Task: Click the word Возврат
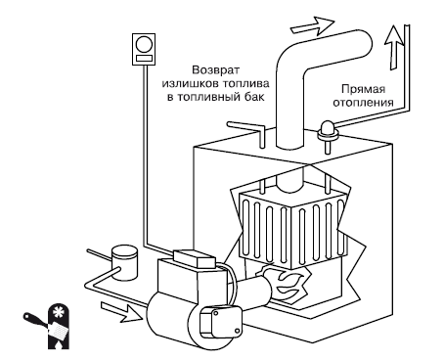click(x=215, y=70)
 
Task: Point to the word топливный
click(x=209, y=97)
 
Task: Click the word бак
click(x=254, y=97)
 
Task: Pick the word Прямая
click(x=364, y=89)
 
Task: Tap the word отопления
click(x=363, y=103)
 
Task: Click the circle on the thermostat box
click(x=144, y=44)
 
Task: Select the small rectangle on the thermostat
click(x=144, y=58)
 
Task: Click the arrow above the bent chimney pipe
click(x=312, y=25)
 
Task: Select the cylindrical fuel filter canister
click(x=124, y=262)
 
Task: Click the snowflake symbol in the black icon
click(x=59, y=313)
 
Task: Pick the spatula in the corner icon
click(x=46, y=326)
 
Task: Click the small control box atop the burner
click(x=195, y=258)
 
